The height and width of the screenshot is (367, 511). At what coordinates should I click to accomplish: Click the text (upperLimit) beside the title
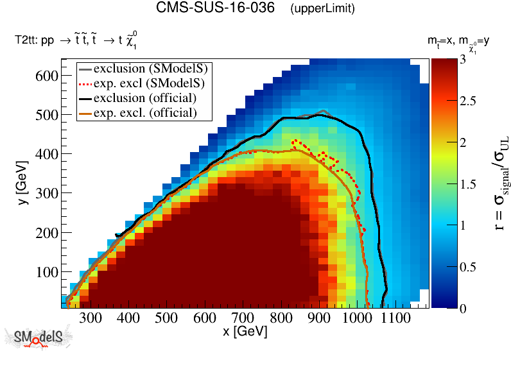click(x=322, y=10)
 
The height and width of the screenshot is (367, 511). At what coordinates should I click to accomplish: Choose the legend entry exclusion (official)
click(x=144, y=98)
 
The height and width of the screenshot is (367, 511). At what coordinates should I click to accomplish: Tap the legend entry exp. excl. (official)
click(x=144, y=113)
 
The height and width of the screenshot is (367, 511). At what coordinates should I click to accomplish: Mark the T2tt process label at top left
click(x=76, y=41)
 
